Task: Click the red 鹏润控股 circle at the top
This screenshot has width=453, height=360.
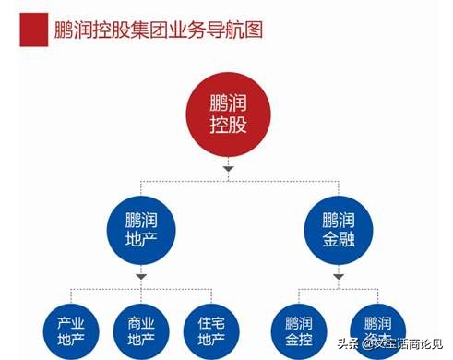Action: pyautogui.click(x=226, y=111)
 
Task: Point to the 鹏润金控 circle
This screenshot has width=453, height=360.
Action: pyautogui.click(x=298, y=332)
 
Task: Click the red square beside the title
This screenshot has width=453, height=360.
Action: pyautogui.click(x=34, y=30)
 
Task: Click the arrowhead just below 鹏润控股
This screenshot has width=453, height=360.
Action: pyautogui.click(x=226, y=169)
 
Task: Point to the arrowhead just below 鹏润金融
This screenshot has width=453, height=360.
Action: pyautogui.click(x=336, y=275)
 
